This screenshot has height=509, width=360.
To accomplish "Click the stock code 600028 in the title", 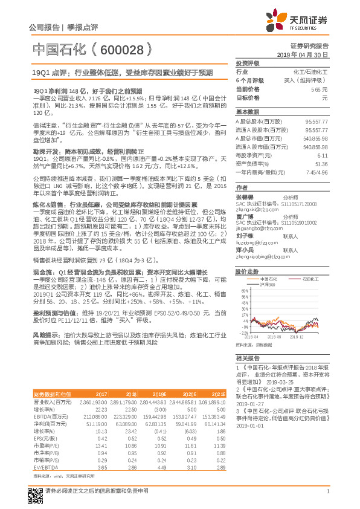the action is [121, 49].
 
